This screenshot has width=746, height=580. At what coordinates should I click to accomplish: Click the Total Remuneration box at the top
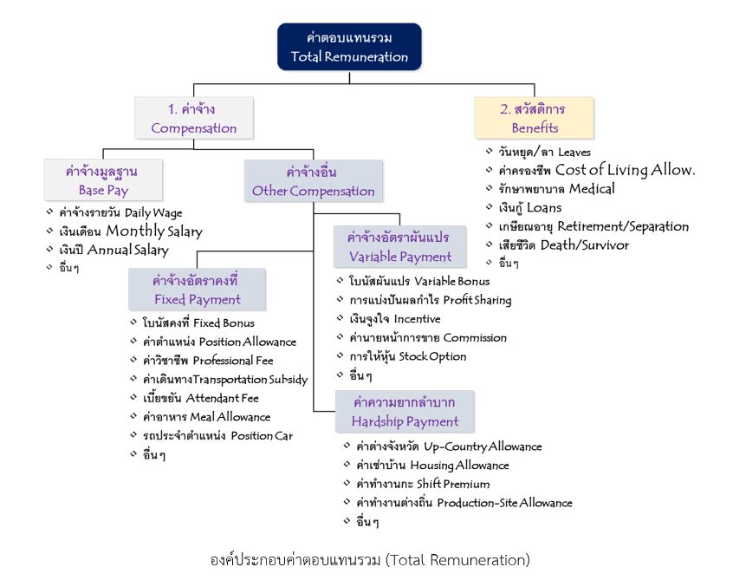tap(349, 47)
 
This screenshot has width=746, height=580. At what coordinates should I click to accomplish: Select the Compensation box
tap(194, 119)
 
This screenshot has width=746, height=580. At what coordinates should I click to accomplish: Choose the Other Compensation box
tap(313, 181)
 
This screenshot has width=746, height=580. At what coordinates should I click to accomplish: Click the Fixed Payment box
tap(197, 290)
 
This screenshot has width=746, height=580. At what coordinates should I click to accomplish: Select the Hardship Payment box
tap(405, 412)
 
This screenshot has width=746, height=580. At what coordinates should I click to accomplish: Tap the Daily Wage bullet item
tap(120, 212)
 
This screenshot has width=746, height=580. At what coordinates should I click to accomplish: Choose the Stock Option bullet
tap(406, 356)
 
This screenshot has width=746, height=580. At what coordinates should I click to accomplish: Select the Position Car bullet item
tap(217, 435)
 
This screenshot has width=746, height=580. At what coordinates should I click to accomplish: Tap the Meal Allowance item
tap(206, 417)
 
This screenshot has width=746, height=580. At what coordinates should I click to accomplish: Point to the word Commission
tap(475, 337)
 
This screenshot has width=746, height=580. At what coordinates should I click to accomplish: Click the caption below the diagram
tap(370, 559)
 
